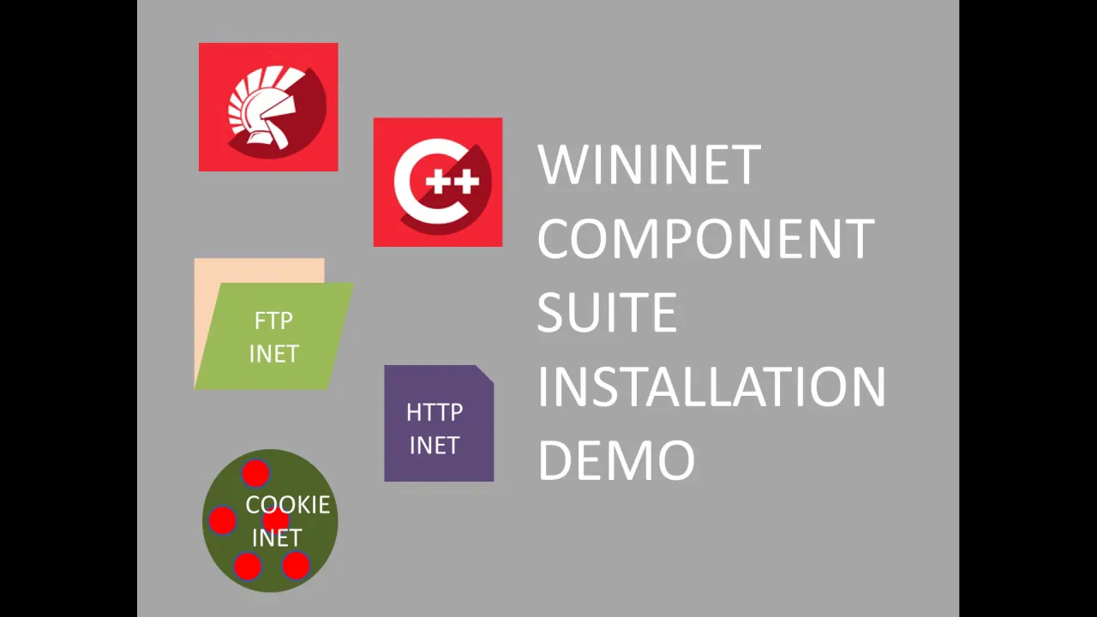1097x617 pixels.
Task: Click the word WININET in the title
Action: pos(649,165)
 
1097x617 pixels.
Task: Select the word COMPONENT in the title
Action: pos(705,239)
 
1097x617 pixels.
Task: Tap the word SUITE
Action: pos(607,313)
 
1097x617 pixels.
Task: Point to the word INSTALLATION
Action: pos(711,386)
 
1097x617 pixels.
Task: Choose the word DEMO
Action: pos(616,460)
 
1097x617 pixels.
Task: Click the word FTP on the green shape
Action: pos(273,321)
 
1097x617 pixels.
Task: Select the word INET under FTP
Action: pos(273,354)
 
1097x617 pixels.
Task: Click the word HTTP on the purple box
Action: pos(435,413)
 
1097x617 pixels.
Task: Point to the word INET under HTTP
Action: pos(435,446)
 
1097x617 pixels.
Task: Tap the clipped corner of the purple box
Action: pos(486,373)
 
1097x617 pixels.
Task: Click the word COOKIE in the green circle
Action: pos(288,505)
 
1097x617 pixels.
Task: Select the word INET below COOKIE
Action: pos(277,538)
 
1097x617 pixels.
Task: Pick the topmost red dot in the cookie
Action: pos(255,473)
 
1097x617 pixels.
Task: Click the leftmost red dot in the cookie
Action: pos(222,519)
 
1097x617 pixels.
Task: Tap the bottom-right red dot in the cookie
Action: pos(296,565)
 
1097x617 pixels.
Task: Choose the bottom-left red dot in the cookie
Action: pos(247,566)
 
